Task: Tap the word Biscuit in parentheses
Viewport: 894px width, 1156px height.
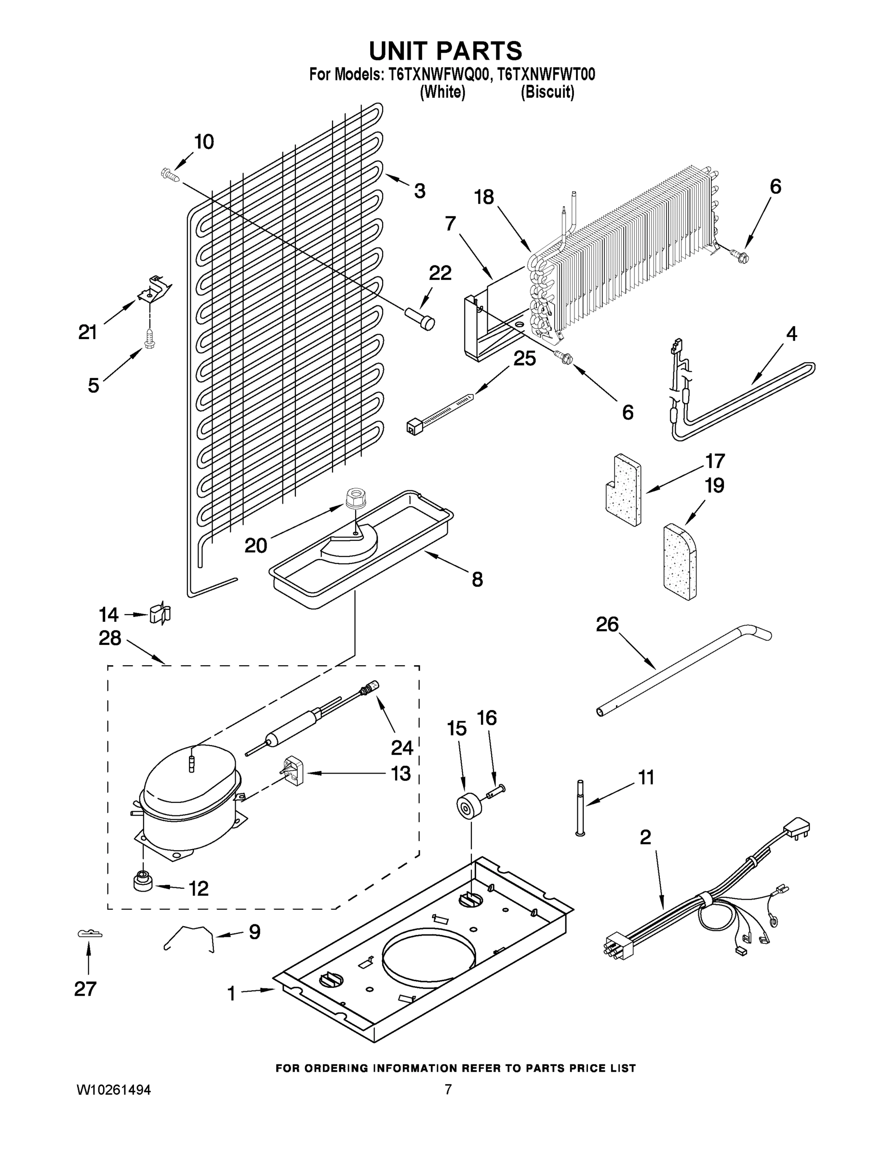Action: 547,92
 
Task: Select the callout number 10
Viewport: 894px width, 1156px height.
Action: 204,142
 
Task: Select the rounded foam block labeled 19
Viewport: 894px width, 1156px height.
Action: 680,562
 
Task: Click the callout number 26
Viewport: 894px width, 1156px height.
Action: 607,625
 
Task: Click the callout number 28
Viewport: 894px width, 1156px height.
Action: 109,638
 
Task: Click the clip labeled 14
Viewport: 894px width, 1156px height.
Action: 160,614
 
